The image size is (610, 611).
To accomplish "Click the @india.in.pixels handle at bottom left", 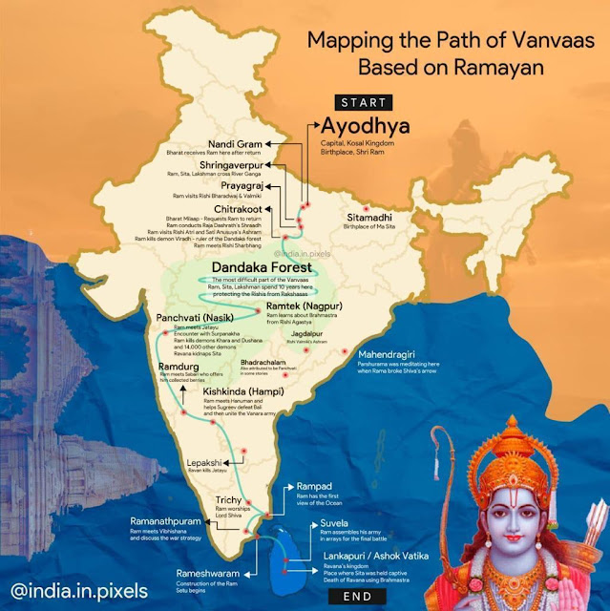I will tap(72, 579).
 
